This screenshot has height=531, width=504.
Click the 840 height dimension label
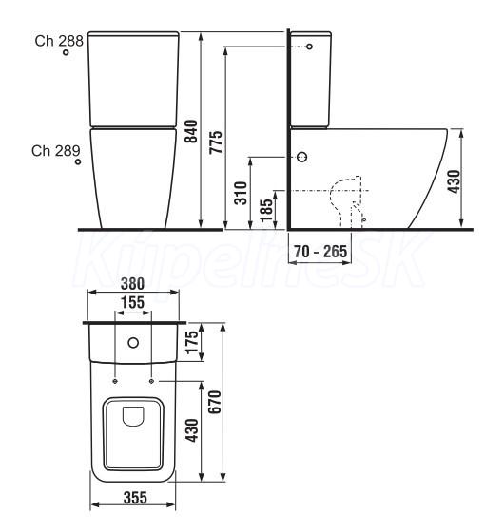coord(191,131)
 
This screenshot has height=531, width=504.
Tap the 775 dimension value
coord(216,142)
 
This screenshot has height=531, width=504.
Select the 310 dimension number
coord(241,193)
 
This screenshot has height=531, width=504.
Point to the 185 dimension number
coord(266,210)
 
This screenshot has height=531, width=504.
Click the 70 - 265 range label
coord(320,252)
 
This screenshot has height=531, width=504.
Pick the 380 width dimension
coord(133,284)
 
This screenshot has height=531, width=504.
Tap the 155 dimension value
coord(133,302)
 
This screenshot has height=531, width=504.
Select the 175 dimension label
coord(191,342)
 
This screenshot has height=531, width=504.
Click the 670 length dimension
coord(214,402)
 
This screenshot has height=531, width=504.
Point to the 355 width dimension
coord(135,498)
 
